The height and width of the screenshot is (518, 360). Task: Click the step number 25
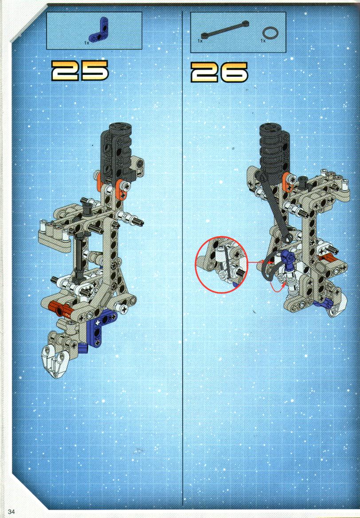tap(80, 71)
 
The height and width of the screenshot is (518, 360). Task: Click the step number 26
tap(219, 72)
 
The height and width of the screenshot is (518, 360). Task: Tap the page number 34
tap(11, 511)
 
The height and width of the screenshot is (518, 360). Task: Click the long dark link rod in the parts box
tap(225, 29)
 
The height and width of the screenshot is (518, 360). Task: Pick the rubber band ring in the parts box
tap(270, 33)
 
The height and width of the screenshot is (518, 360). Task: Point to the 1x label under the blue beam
tap(86, 43)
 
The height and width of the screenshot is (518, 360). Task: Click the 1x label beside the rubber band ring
tap(263, 41)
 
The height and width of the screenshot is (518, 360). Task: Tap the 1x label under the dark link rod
tap(200, 41)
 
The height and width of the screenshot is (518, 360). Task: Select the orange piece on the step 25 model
tap(121, 189)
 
